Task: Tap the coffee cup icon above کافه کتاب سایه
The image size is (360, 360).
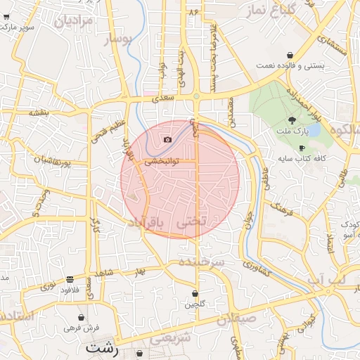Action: (302, 148)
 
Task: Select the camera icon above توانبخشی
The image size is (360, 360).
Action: (167, 139)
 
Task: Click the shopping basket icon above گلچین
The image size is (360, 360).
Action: (195, 294)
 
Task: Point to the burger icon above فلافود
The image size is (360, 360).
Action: (69, 279)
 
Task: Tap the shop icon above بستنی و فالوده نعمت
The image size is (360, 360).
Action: (290, 55)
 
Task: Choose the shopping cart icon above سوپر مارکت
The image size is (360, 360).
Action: (6, 16)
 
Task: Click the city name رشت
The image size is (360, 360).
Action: (103, 347)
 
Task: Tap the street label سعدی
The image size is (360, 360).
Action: (162, 101)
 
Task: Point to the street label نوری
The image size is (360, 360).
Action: (47, 285)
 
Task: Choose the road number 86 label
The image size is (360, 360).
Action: (193, 13)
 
